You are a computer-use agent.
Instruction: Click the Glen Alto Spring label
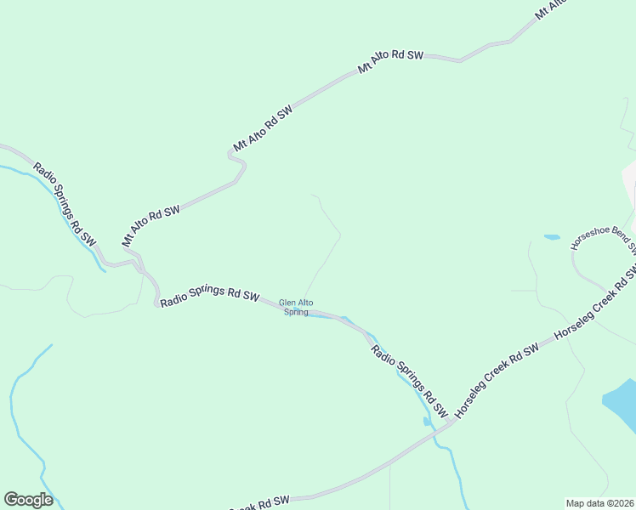coord(293,307)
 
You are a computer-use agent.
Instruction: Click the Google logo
coord(28,500)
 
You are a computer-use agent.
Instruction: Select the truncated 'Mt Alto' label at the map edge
coord(550,10)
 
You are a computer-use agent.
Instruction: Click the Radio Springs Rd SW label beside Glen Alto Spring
coord(209,294)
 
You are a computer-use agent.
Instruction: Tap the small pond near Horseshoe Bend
coord(552,237)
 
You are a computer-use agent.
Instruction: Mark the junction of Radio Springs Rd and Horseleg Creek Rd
coord(448,423)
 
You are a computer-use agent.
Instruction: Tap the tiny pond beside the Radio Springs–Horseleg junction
coord(427,420)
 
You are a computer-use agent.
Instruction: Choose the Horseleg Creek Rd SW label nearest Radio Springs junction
coord(497,380)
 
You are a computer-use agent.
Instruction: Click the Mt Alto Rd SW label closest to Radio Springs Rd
coord(150,225)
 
